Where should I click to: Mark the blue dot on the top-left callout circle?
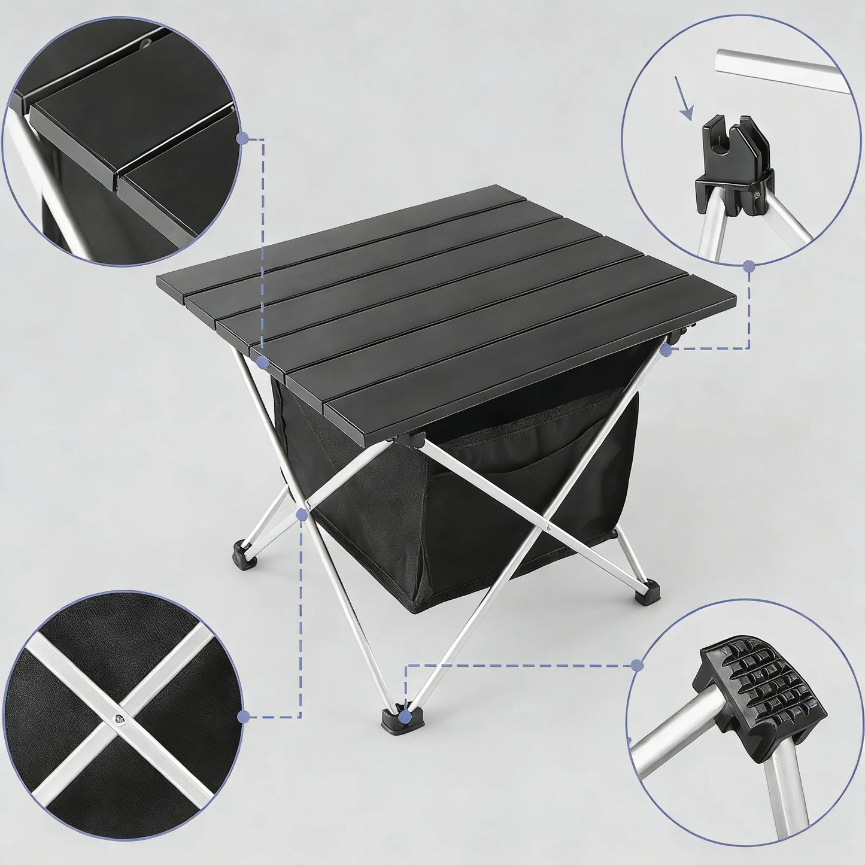point(242,139)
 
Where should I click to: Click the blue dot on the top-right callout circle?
point(748,265)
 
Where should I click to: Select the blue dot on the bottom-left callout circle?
point(243,716)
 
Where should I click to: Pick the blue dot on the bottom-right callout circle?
point(638,664)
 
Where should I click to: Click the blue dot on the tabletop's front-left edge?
point(262,362)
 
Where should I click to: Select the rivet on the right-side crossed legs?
point(549,527)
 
